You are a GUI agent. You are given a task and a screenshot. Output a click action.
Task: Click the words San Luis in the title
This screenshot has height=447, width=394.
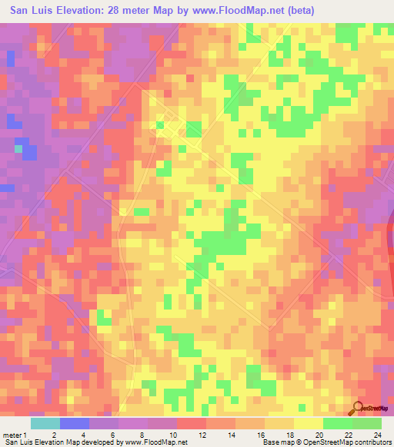click(33, 12)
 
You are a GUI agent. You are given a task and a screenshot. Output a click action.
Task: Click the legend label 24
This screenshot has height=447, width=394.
click(377, 414)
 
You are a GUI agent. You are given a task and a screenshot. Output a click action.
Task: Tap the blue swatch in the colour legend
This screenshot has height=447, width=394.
click(74, 424)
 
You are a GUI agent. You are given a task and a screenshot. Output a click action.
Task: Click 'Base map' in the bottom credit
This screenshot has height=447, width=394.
click(273, 442)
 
